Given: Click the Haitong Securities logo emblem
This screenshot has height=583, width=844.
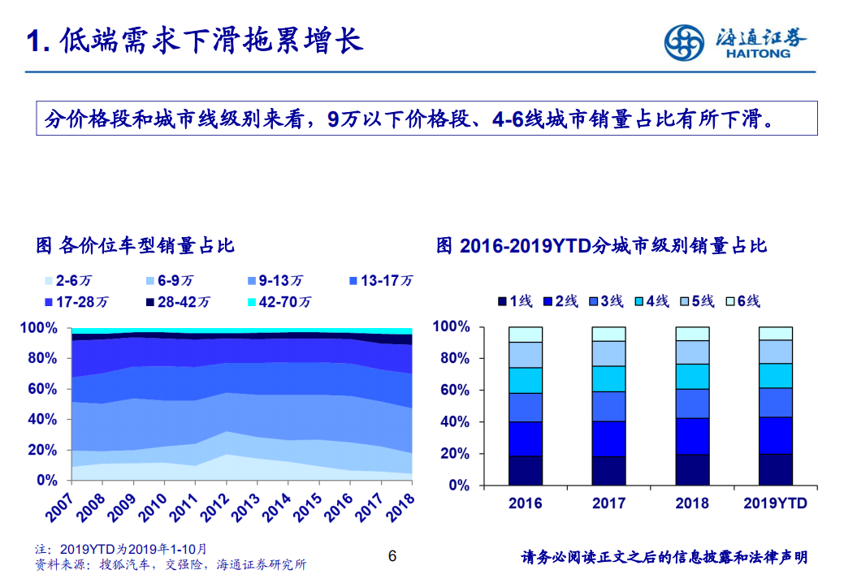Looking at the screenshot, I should pyautogui.click(x=684, y=43).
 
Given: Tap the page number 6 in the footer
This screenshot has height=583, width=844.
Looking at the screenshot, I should pyautogui.click(x=392, y=556).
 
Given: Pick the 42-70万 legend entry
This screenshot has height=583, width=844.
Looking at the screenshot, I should pyautogui.click(x=279, y=302).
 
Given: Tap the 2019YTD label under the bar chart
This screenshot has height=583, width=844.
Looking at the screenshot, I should pyautogui.click(x=775, y=503).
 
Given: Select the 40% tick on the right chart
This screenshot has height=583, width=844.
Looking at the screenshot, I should pyautogui.click(x=452, y=422).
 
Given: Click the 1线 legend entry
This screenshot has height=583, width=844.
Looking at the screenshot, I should pyautogui.click(x=515, y=301).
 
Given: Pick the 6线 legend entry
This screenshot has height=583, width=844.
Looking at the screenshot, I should pyautogui.click(x=743, y=301).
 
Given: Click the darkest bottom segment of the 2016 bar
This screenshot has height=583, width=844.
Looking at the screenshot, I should pyautogui.click(x=526, y=471).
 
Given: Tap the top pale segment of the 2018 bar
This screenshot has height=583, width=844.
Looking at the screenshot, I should pyautogui.click(x=692, y=334).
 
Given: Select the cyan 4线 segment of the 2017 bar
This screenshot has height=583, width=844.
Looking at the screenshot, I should pyautogui.click(x=608, y=379).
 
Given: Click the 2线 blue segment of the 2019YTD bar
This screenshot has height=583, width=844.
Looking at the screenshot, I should pyautogui.click(x=775, y=435).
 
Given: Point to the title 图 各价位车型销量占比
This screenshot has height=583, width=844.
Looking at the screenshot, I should pyautogui.click(x=136, y=244).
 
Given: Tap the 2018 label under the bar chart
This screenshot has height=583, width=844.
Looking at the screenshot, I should pyautogui.click(x=692, y=503).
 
